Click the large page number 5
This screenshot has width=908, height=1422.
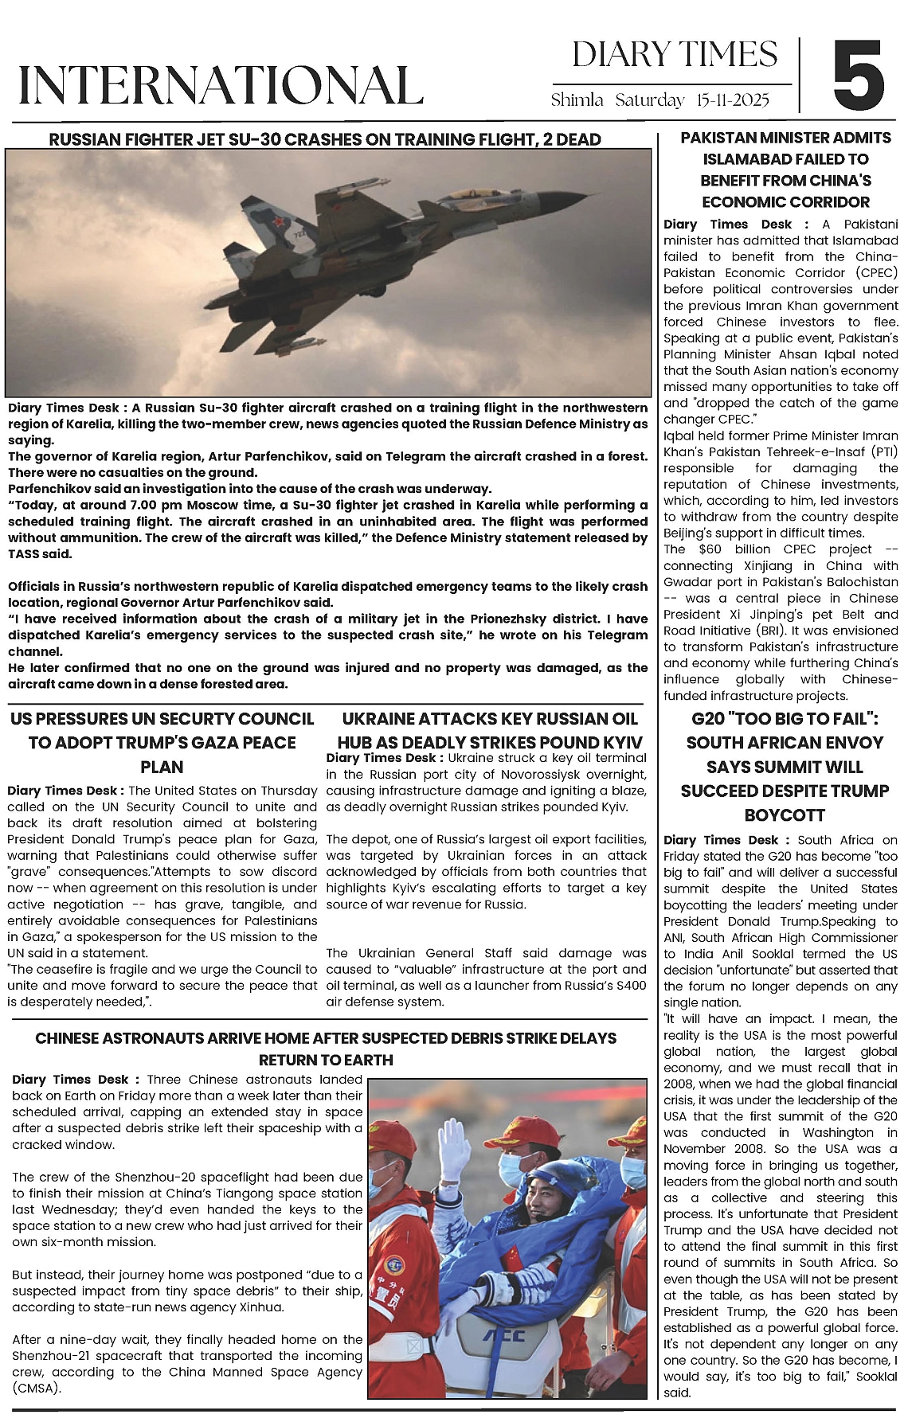click(859, 76)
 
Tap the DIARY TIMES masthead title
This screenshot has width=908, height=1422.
click(675, 54)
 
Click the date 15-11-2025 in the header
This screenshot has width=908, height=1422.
click(732, 100)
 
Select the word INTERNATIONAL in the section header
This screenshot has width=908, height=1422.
click(221, 84)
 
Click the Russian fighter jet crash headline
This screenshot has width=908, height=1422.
click(325, 140)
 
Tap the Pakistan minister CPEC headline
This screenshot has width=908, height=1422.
click(785, 170)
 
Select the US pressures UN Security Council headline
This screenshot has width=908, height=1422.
click(162, 742)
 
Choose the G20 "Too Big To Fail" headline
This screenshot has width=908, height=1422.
click(785, 766)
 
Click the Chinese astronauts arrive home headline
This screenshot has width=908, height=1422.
click(326, 1049)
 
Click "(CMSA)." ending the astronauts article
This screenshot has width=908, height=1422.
click(37, 1388)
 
